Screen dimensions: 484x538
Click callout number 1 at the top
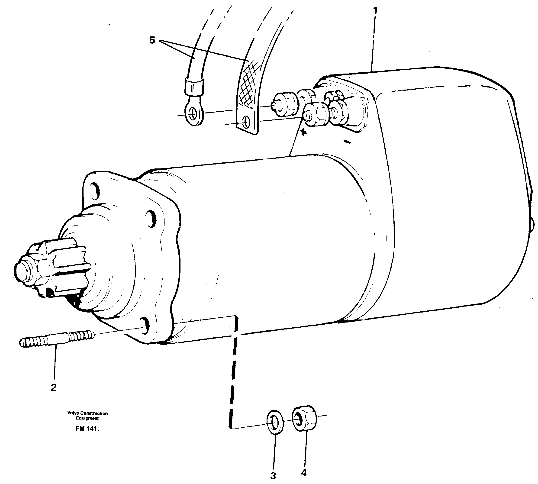[x=375, y=11]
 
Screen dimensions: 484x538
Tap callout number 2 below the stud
[x=54, y=387]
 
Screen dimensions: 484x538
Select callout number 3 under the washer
[x=273, y=476]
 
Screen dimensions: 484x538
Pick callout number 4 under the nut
[x=304, y=473]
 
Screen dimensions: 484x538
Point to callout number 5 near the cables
[x=152, y=40]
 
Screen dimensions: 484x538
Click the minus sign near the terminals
[x=347, y=142]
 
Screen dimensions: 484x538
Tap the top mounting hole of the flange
[x=95, y=190]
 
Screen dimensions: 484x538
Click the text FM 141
[x=86, y=429]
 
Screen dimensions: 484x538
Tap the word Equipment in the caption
[x=87, y=418]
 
